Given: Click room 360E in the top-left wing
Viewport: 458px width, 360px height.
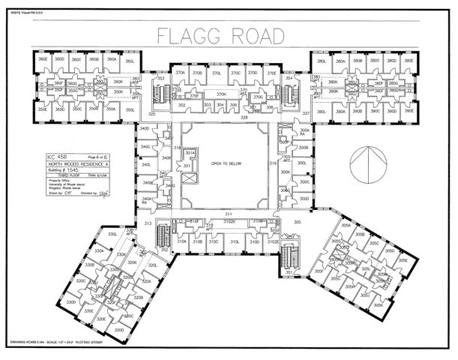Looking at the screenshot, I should coord(43,60).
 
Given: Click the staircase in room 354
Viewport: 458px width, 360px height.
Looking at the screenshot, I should coord(289,94).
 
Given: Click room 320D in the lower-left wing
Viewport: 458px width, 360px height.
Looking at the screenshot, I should coord(118,329).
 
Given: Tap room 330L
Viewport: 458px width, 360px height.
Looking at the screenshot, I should coord(114,235).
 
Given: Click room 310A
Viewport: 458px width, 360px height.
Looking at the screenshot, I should coord(181,241).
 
